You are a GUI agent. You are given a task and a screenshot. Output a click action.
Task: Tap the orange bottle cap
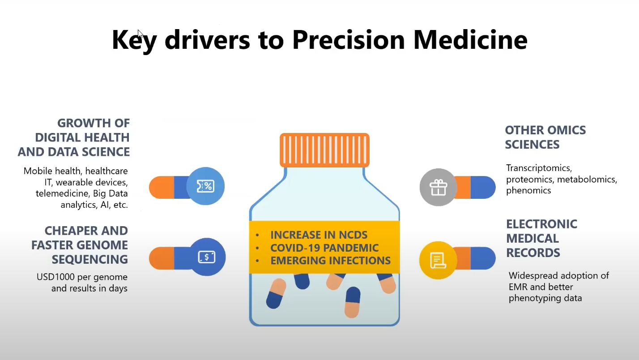click(x=324, y=150)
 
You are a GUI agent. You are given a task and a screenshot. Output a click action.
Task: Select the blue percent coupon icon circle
click(x=205, y=186)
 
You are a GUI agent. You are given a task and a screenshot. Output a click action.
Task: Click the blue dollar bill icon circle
click(x=207, y=257)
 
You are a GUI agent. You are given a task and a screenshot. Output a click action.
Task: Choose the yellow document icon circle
click(x=438, y=260)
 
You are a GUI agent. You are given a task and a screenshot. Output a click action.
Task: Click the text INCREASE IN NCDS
click(x=319, y=235)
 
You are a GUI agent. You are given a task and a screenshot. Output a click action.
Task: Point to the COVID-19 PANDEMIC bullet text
click(x=324, y=248)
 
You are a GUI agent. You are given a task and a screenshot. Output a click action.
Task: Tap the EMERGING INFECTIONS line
click(x=330, y=260)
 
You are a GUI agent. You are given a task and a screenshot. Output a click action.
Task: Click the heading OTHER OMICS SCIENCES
click(x=545, y=137)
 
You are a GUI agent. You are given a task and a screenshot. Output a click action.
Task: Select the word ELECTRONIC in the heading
click(x=542, y=224)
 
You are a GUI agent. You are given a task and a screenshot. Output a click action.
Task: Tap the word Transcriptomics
click(x=539, y=168)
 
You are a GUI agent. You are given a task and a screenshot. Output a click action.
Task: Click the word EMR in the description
click(x=519, y=287)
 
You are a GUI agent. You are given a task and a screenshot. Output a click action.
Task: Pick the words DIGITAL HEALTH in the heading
click(x=82, y=137)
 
